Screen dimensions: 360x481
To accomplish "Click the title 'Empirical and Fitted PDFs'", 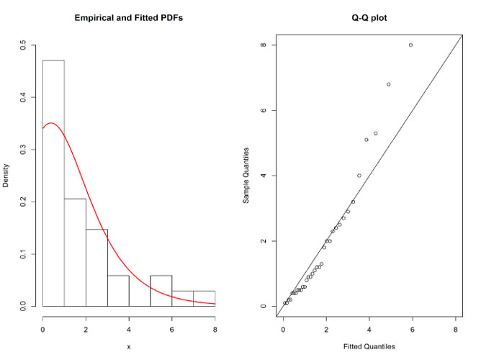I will point(128,17).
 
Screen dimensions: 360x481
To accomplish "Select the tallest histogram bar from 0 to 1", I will point(53,184).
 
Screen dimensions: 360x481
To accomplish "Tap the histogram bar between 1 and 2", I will point(75,252).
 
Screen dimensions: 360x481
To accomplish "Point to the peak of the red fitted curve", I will point(50,123).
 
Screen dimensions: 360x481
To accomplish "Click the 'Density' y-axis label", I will point(7,176).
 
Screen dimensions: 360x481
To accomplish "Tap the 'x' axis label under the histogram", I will point(128,346).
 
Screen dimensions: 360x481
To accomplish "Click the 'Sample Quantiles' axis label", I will point(246,176).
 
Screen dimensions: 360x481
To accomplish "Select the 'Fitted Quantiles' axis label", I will point(371,346).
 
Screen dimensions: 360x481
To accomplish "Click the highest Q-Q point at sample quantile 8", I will point(410,45).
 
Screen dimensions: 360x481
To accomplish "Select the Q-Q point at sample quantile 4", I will point(359,176).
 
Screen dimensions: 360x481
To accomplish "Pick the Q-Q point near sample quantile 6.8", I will point(389,84).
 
